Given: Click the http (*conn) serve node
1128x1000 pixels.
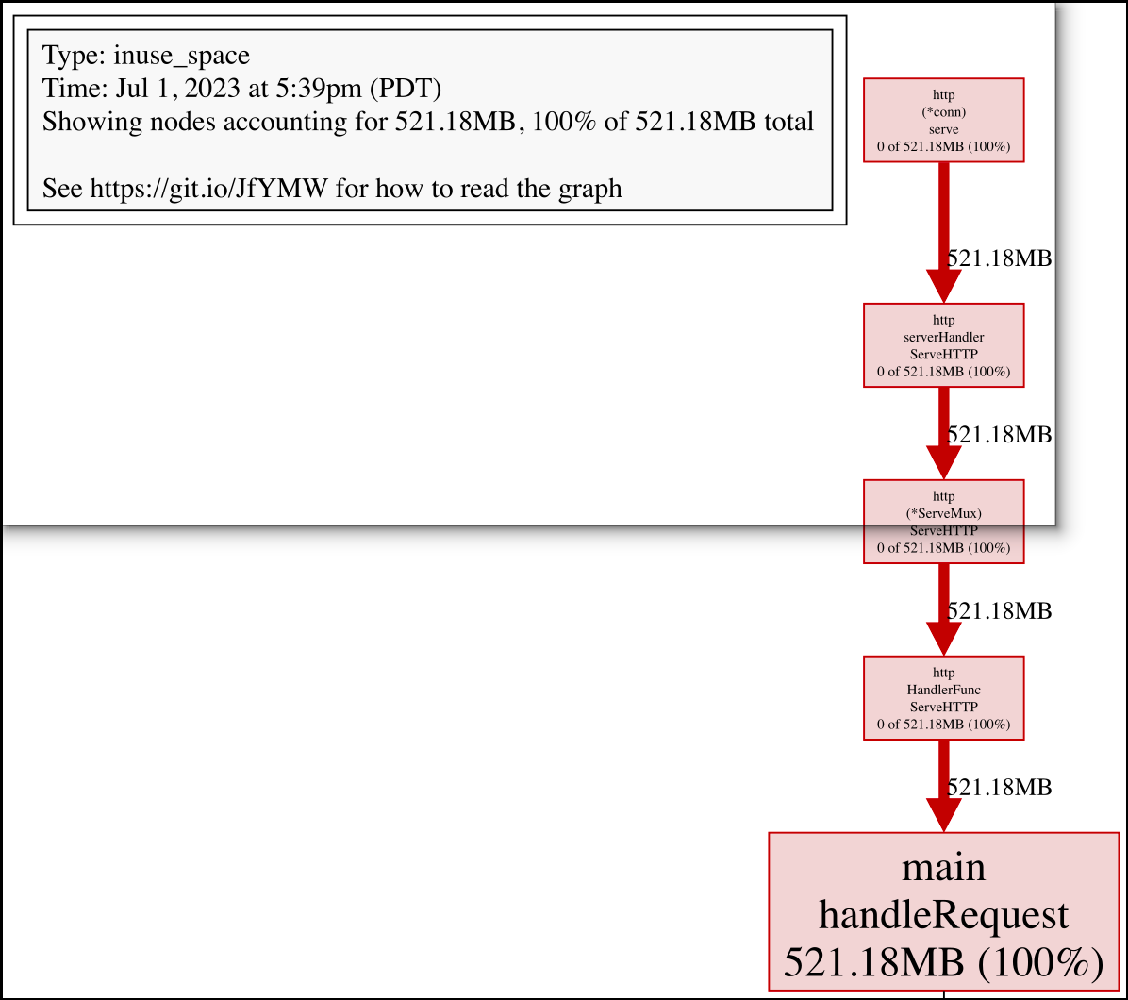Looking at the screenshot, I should (943, 120).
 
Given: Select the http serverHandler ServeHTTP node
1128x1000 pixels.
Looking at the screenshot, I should (943, 344).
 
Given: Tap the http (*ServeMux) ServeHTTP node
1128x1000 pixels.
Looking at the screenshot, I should (943, 521).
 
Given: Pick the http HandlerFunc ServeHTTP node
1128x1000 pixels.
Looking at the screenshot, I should (943, 698).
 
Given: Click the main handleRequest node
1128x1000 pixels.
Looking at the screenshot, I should (943, 911).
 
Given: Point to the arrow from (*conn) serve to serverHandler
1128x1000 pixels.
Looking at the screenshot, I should (943, 231).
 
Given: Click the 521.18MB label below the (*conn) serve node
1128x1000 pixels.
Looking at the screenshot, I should (999, 258).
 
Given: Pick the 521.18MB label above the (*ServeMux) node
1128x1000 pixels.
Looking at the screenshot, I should (999, 434).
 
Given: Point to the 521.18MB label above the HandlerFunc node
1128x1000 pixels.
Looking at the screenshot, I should (999, 610).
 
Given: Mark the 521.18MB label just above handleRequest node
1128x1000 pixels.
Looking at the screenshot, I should (999, 787).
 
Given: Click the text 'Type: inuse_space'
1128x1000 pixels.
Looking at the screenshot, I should (146, 56).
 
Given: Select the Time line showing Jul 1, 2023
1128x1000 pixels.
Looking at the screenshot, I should (242, 89).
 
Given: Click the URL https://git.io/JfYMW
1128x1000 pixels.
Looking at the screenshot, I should (207, 189).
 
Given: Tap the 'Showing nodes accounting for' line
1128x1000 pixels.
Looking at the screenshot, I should (428, 122).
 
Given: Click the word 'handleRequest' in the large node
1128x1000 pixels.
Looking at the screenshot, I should (943, 914).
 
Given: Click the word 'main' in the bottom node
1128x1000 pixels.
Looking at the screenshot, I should (943, 866).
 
